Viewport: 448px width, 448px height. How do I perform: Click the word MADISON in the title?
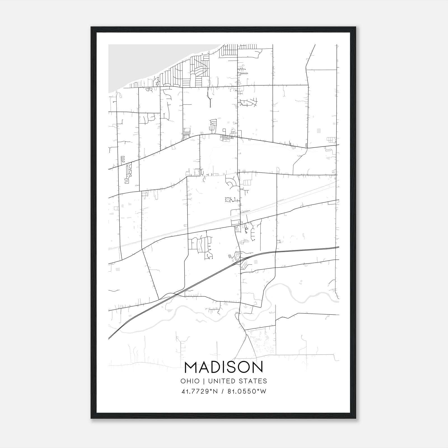(x=224, y=367)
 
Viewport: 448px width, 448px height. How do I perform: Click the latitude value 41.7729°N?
(x=199, y=391)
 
